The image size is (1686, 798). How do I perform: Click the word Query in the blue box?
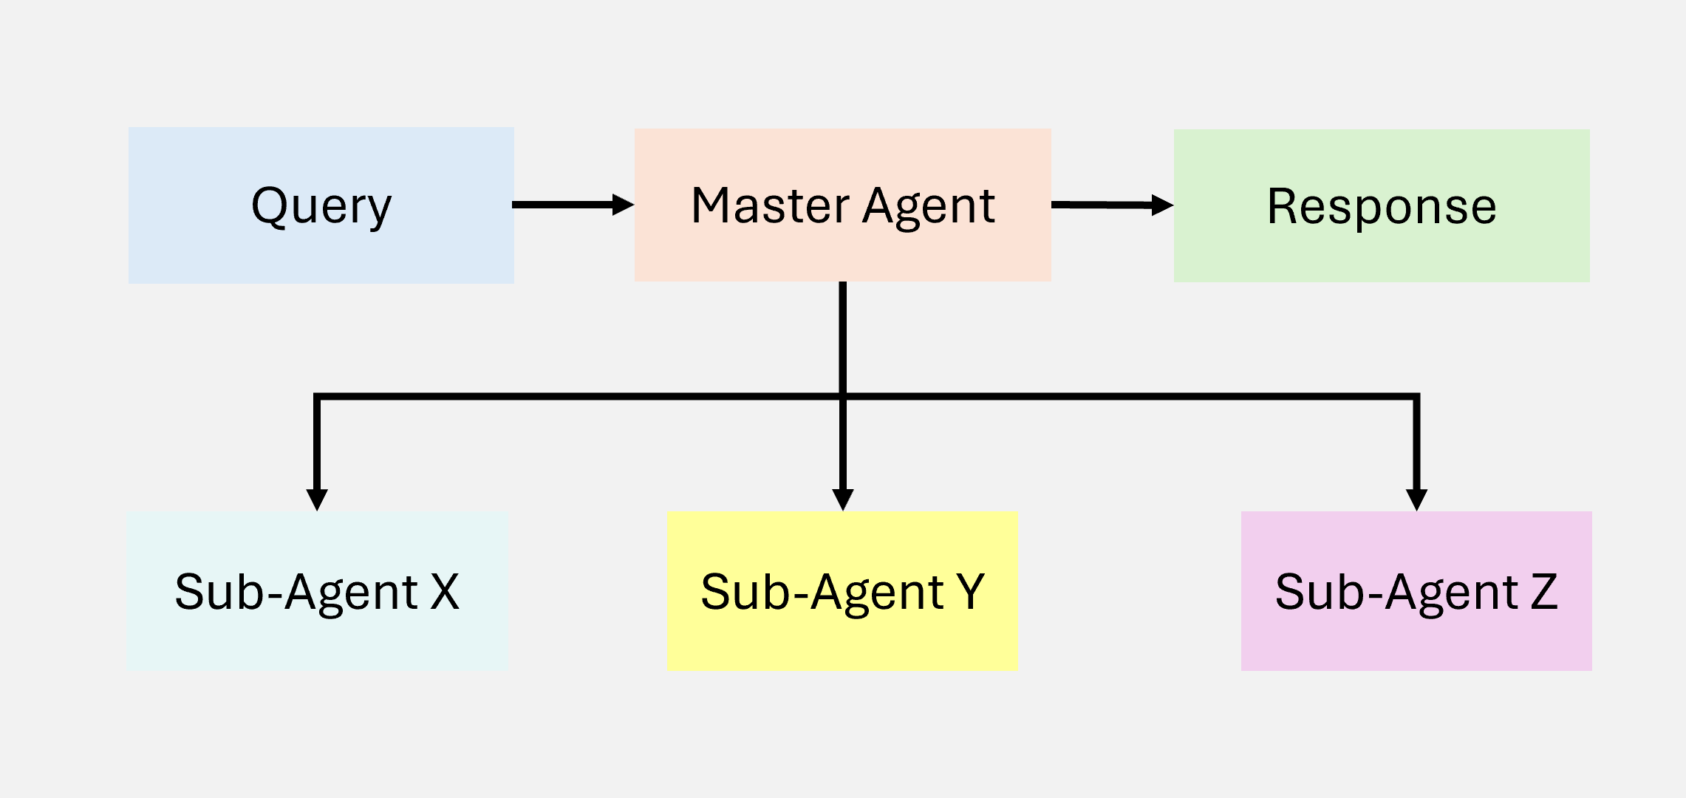click(321, 206)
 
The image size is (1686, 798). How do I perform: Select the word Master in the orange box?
click(770, 205)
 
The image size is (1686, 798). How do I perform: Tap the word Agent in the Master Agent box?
click(929, 207)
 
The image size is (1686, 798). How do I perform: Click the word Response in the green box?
click(1382, 206)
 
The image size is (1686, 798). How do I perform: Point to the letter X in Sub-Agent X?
click(445, 592)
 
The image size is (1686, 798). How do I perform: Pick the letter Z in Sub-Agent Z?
click(1543, 592)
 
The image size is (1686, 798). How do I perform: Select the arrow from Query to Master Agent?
click(565, 205)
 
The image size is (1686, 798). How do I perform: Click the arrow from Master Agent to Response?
click(1105, 205)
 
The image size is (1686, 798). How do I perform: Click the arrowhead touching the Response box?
click(1162, 205)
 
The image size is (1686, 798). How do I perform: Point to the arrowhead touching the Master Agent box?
click(623, 205)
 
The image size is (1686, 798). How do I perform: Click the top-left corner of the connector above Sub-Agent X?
click(317, 397)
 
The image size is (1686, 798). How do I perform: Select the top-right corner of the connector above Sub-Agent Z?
click(1416, 397)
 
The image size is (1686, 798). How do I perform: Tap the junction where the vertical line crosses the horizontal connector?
click(843, 397)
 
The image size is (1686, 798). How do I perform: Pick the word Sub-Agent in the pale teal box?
click(296, 592)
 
